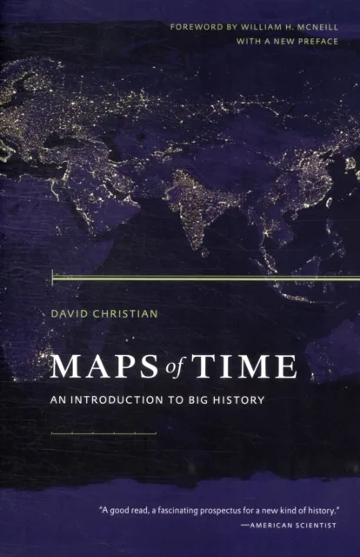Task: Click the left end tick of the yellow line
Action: click(53, 278)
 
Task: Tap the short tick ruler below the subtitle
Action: click(103, 432)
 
